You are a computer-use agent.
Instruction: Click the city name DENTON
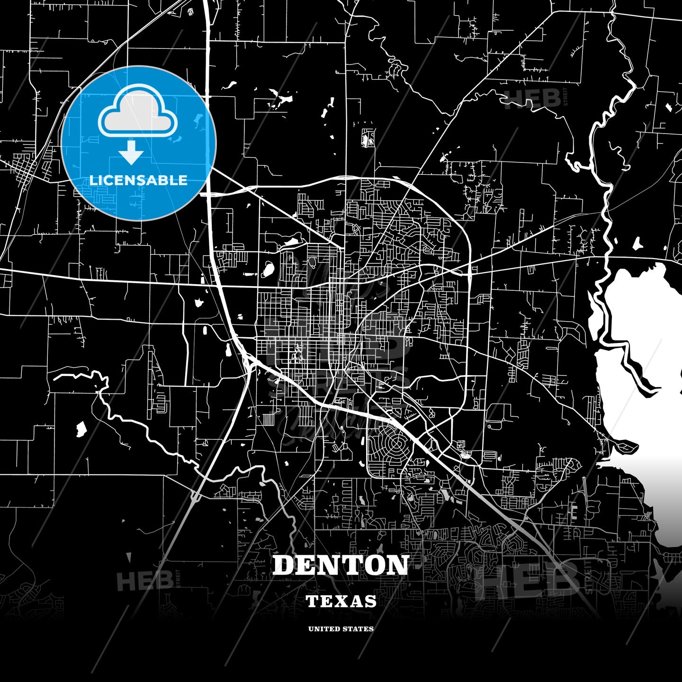(x=341, y=565)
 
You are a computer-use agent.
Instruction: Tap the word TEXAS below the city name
(x=341, y=601)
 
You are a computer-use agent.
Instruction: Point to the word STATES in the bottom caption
(x=359, y=629)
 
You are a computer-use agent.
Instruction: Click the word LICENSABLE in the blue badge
(x=138, y=180)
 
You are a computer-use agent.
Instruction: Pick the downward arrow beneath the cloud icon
(x=131, y=153)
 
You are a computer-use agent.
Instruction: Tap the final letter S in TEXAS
(x=371, y=601)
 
